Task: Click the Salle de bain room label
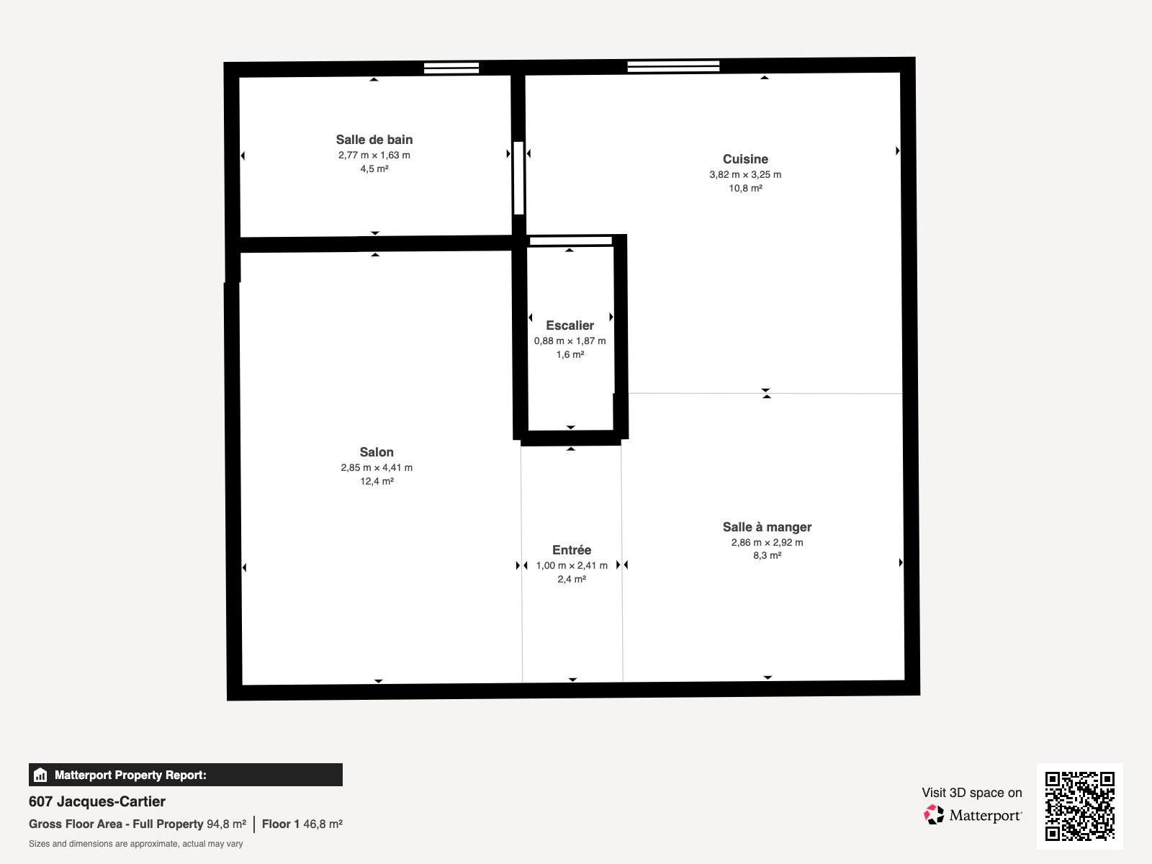[x=374, y=140]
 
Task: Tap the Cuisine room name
[x=745, y=159]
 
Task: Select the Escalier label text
[x=570, y=325]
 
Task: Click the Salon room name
[x=377, y=452]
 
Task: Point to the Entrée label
[x=572, y=550]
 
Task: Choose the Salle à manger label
[x=767, y=527]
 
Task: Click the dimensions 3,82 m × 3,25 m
[x=745, y=174]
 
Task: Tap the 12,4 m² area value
[x=377, y=481]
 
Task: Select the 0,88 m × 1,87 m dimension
[x=570, y=341]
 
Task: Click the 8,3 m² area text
[x=767, y=555]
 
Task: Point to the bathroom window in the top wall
[x=451, y=68]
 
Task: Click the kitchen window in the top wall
[x=673, y=66]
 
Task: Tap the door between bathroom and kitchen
[x=518, y=178]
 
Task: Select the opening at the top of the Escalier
[x=570, y=241]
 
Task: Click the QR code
[x=1079, y=806]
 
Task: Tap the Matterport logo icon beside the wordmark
[x=934, y=815]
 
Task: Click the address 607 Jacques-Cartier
[x=97, y=801]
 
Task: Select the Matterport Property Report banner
[x=185, y=775]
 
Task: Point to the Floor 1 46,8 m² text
[x=302, y=824]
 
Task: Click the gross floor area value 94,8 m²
[x=226, y=824]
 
